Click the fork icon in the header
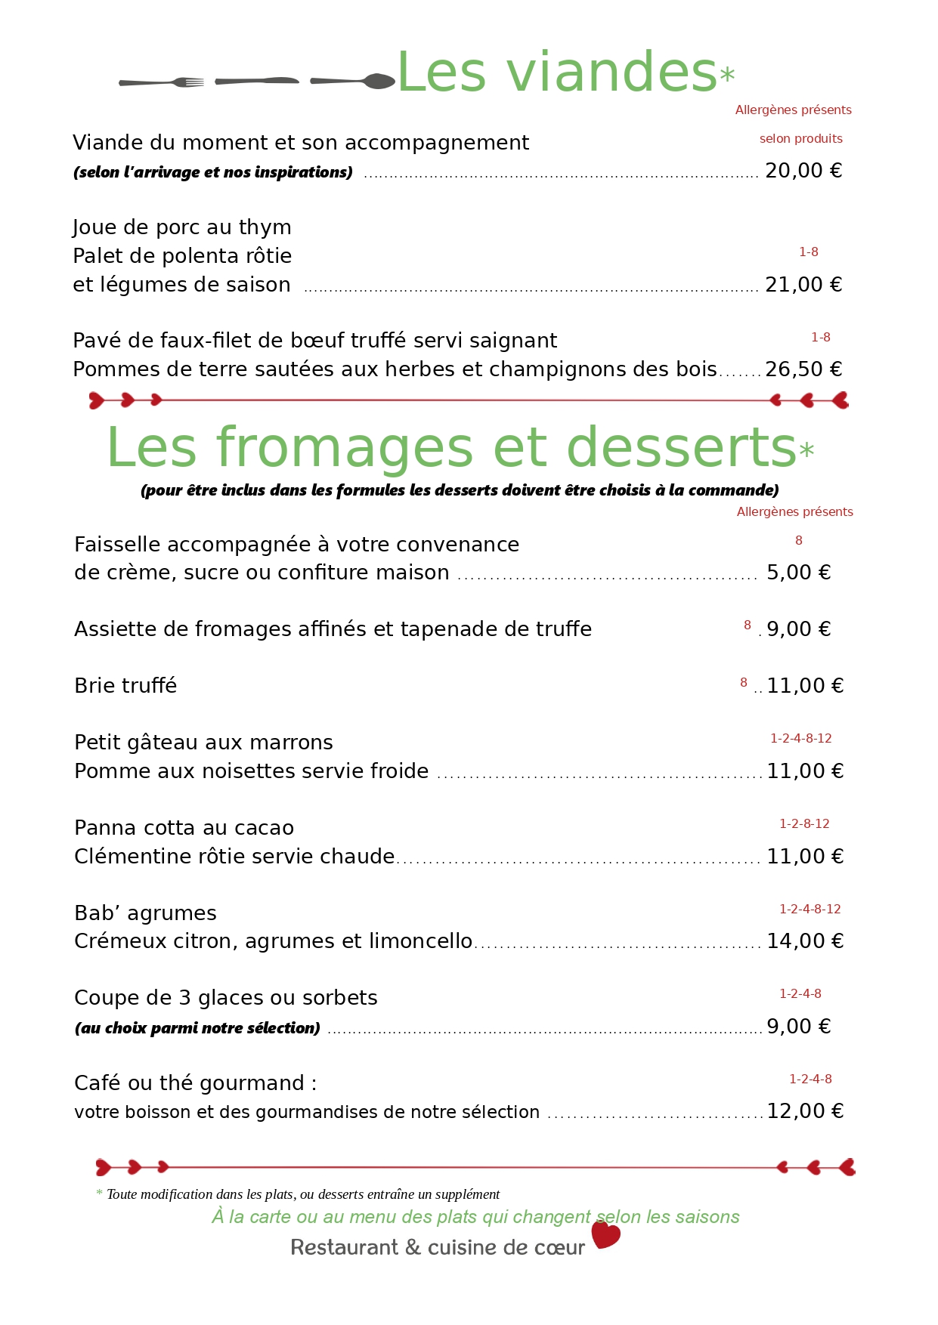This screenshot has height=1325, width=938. (x=162, y=82)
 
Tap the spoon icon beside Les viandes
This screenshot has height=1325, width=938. (x=354, y=81)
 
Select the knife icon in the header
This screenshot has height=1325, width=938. (x=256, y=81)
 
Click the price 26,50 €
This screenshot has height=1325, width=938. (x=803, y=369)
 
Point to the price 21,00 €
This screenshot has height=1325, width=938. (x=803, y=285)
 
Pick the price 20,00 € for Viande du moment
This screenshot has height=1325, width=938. (x=803, y=171)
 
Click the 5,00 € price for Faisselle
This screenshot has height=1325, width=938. (x=798, y=573)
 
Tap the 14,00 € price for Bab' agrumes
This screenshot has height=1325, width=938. (x=804, y=941)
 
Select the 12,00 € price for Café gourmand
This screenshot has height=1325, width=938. (x=804, y=1111)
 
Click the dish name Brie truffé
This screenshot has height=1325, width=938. (x=125, y=686)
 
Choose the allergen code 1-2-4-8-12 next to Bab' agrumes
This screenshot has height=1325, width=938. (x=810, y=910)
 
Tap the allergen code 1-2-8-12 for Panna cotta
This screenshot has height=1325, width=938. (x=804, y=824)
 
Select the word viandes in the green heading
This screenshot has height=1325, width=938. (x=611, y=73)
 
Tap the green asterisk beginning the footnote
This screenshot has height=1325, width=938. (x=99, y=1194)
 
